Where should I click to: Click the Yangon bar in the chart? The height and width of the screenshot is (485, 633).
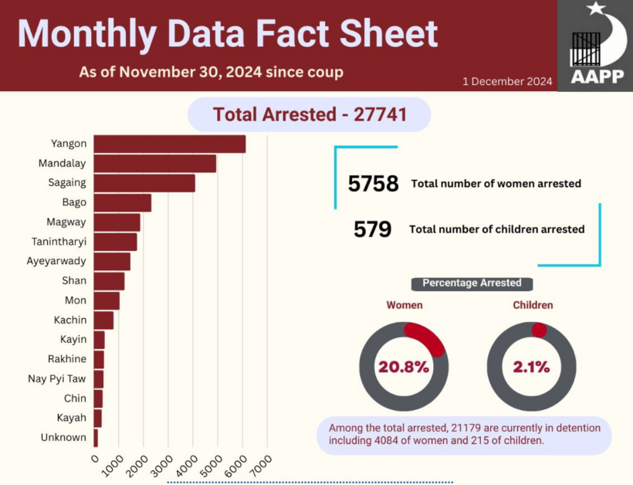click(x=169, y=144)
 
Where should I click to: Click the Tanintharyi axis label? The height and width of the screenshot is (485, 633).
click(x=59, y=242)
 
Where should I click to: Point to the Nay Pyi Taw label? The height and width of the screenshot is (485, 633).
click(x=57, y=378)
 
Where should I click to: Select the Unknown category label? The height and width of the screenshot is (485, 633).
click(x=63, y=437)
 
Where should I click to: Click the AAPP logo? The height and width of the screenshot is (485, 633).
click(x=594, y=46)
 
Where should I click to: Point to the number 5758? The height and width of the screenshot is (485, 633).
click(x=373, y=184)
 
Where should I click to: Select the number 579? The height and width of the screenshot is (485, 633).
click(x=373, y=229)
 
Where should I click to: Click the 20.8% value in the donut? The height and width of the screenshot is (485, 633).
click(x=404, y=367)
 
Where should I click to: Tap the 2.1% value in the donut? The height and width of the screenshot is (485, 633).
click(x=531, y=367)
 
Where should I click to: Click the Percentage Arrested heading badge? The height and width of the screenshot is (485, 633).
click(x=472, y=283)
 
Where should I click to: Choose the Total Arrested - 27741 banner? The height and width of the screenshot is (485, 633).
click(x=309, y=115)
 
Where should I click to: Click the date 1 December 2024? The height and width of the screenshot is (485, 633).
click(x=507, y=81)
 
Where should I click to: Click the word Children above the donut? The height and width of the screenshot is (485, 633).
click(x=533, y=305)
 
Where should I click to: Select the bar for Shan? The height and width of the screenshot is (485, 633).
click(x=109, y=281)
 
